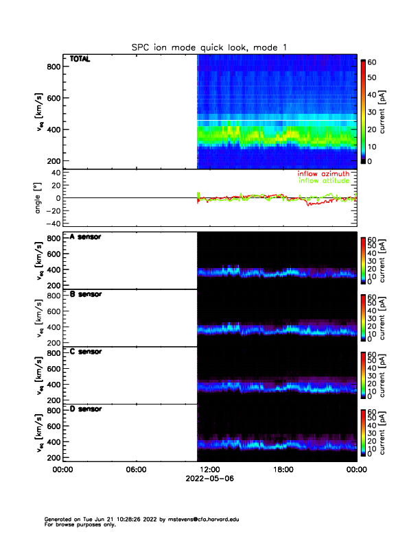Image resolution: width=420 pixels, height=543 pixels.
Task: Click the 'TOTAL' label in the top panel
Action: click(80, 59)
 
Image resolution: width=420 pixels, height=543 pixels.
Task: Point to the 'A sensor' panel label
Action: click(86, 237)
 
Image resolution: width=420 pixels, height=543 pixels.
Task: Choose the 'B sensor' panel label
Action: click(86, 293)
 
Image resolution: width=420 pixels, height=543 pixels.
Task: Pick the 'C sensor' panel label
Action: click(86, 351)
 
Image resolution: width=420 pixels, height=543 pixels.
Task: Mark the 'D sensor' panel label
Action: click(86, 409)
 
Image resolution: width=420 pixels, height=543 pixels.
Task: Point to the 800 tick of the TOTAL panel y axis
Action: click(53, 67)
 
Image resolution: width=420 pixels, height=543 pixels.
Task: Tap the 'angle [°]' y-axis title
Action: click(38, 197)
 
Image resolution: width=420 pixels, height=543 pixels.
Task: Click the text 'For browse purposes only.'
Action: click(78, 524)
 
